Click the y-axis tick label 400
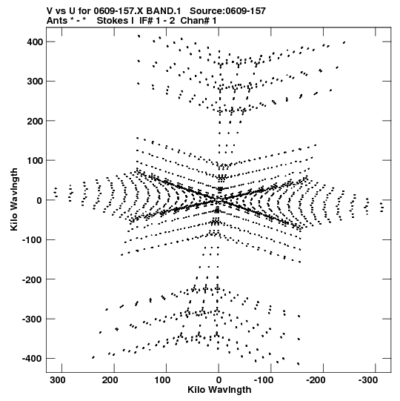[35, 42]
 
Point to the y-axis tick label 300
[35, 82]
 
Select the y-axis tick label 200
[35, 121]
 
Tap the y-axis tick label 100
[35, 161]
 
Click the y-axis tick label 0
[39, 200]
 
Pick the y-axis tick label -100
[33, 240]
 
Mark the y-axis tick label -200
[33, 279]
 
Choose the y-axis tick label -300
[33, 319]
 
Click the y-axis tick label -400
[33, 359]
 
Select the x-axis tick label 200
[111, 380]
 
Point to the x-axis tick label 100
[163, 380]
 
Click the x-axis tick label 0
[219, 380]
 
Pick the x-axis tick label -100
[264, 380]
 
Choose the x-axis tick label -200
[316, 380]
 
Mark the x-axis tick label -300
[368, 380]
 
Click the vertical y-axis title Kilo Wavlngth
[14, 199]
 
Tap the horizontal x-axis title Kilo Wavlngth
[219, 390]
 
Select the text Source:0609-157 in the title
[227, 11]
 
